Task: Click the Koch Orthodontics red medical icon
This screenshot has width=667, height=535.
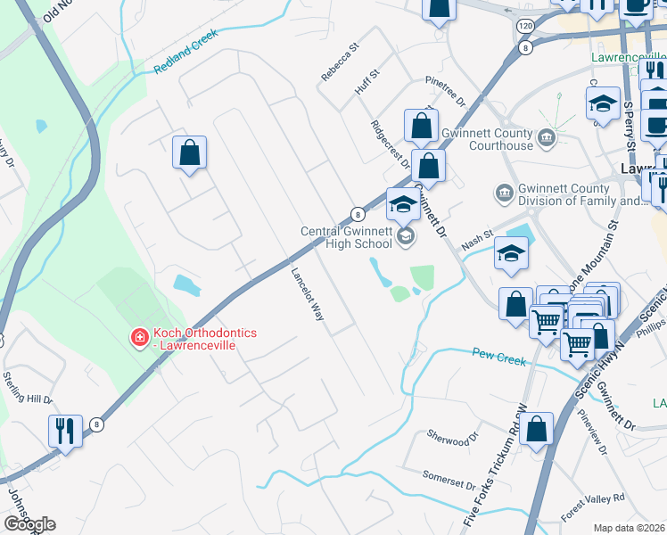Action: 139,338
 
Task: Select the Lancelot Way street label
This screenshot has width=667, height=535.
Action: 306,293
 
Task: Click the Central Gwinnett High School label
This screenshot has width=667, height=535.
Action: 346,236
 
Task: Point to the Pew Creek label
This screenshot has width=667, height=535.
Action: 498,358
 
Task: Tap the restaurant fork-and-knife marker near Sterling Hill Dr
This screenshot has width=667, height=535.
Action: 65,431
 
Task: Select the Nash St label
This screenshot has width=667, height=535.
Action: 477,238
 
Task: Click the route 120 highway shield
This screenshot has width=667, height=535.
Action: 524,28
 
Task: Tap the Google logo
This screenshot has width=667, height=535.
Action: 29,523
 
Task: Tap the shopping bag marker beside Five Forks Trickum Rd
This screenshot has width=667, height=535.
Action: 538,429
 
